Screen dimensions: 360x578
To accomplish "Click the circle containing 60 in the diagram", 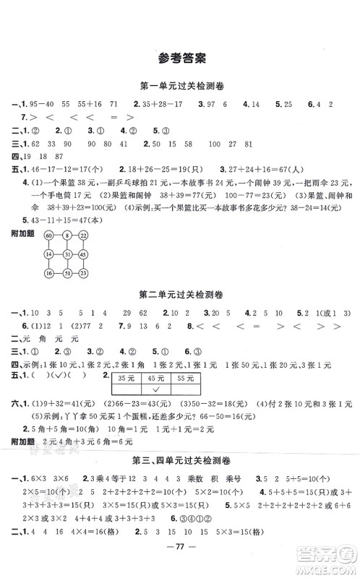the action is pyautogui.click(x=48, y=236).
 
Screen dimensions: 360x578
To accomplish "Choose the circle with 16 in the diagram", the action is pyautogui.click(x=48, y=272).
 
